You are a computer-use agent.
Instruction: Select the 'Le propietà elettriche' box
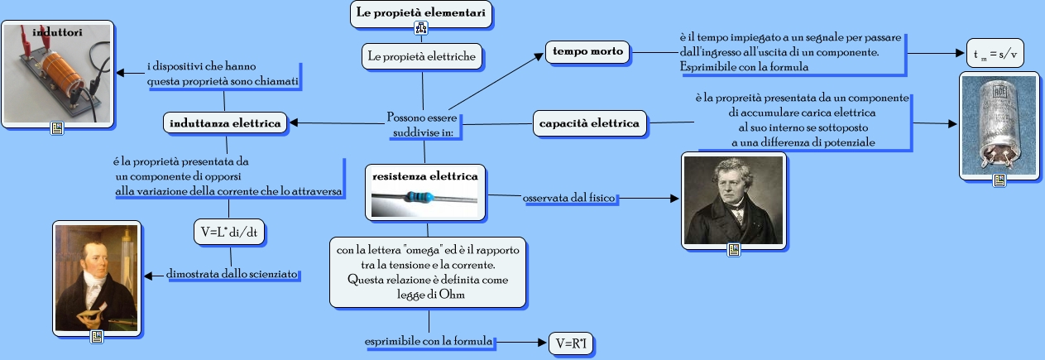tap(422, 56)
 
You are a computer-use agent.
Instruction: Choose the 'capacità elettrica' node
tap(589, 124)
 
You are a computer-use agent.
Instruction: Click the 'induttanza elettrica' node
tap(225, 124)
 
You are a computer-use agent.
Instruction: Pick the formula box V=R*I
tap(572, 343)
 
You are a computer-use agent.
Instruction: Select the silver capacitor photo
tap(999, 123)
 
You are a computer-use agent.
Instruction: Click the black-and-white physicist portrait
tap(732, 198)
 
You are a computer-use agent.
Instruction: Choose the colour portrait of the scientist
tap(95, 278)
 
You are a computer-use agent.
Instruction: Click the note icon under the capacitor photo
tap(999, 180)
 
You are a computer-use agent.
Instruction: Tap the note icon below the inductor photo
tap(57, 128)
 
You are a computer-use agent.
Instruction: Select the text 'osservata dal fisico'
tap(571, 199)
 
